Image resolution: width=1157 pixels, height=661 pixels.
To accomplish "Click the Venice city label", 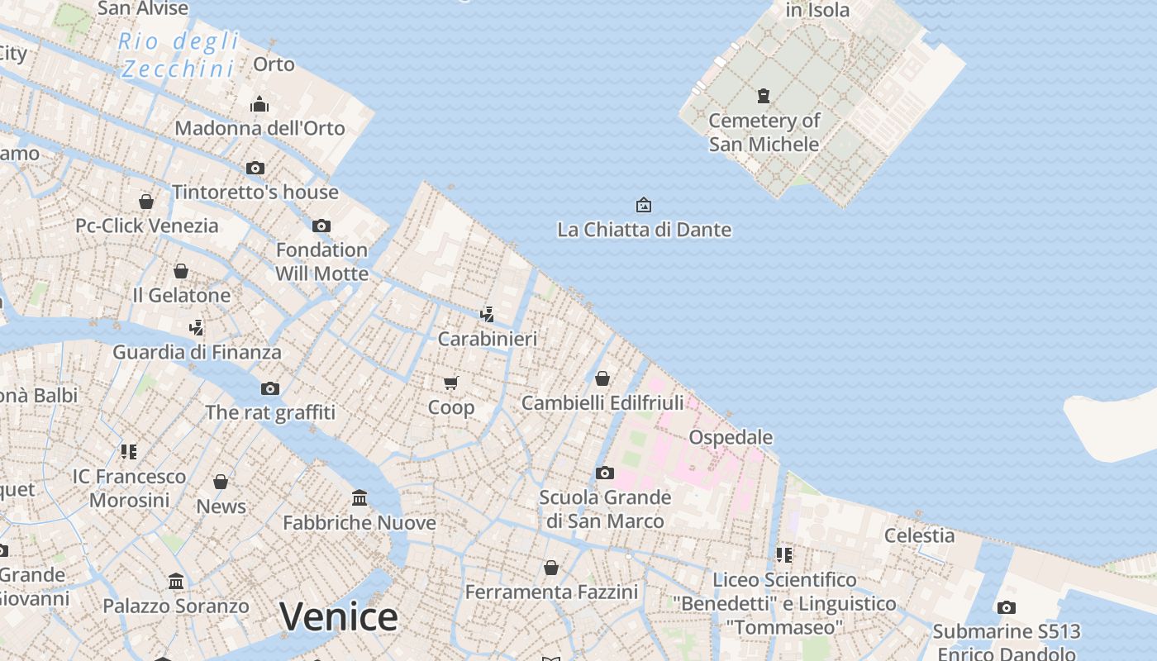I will tap(338, 616).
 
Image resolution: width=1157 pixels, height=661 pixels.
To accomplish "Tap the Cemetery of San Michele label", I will tap(764, 132).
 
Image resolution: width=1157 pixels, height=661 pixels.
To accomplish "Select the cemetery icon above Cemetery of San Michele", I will tap(764, 96).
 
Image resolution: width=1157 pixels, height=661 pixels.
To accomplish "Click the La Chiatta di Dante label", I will tap(644, 230).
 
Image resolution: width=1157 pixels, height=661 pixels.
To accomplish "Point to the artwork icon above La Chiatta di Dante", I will tap(643, 204).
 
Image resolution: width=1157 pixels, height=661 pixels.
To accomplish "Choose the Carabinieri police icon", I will tap(488, 314).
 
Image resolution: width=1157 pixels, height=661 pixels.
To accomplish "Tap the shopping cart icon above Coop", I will tap(451, 383).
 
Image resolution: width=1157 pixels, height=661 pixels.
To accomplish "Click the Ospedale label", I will tap(731, 437).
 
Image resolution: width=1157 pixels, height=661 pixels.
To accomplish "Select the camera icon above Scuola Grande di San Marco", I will tap(605, 473).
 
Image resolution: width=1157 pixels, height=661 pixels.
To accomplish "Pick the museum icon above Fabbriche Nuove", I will tap(359, 497).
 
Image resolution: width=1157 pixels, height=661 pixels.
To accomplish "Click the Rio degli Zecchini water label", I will tap(179, 55).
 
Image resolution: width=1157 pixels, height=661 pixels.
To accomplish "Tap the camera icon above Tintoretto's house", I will tap(255, 168).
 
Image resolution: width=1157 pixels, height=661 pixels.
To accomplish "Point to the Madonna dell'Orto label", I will tap(259, 128).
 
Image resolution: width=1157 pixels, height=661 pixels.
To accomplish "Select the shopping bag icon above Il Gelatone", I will tap(181, 271).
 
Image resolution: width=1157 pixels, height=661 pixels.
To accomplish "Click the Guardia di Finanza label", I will tap(197, 352).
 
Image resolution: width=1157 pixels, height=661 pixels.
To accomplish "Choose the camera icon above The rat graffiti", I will tap(270, 388).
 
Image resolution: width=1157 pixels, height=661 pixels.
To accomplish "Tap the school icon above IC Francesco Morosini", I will tap(129, 451).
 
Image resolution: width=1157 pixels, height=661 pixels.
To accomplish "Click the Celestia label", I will tap(919, 535).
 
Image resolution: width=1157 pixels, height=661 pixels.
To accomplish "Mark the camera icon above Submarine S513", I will tap(1006, 607).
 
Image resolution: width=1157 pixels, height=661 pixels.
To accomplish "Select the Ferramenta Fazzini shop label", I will tap(551, 592).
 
